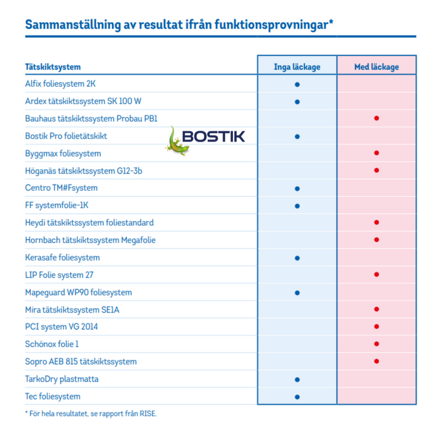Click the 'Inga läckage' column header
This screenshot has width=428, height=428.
coord(297,67)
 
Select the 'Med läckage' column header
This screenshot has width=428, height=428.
coord(376,67)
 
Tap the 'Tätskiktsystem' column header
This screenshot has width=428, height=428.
coord(53,67)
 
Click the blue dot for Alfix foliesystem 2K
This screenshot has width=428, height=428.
coord(297,84)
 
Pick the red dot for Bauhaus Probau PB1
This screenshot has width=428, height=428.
coord(376,119)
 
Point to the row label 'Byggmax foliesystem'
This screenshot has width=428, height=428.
coord(63,153)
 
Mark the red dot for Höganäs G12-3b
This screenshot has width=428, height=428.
coord(376,171)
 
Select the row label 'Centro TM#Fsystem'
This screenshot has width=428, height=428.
coord(61,188)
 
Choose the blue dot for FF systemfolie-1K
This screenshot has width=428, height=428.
coord(297,206)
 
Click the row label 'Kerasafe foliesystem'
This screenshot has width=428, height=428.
coord(62,257)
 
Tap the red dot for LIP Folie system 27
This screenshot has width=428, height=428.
coord(376,275)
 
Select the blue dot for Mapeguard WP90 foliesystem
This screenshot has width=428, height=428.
coord(297,292)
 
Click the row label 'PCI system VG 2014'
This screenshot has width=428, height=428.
coord(61,327)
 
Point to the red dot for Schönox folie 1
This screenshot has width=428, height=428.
coord(376,344)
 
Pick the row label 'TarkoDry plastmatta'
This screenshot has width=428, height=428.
coord(62,379)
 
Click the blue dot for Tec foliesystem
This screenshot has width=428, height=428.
coord(297,396)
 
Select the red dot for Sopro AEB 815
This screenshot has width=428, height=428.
coord(376,361)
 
